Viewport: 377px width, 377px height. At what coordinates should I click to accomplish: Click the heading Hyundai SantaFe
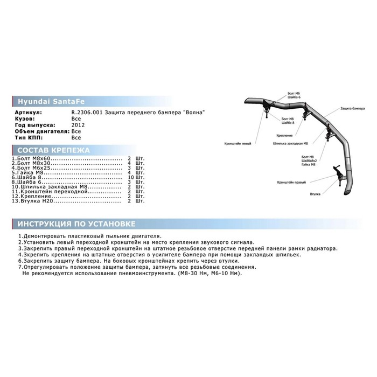click(x=40, y=101)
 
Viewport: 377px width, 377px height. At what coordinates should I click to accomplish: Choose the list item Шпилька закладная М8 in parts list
click(x=43, y=186)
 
